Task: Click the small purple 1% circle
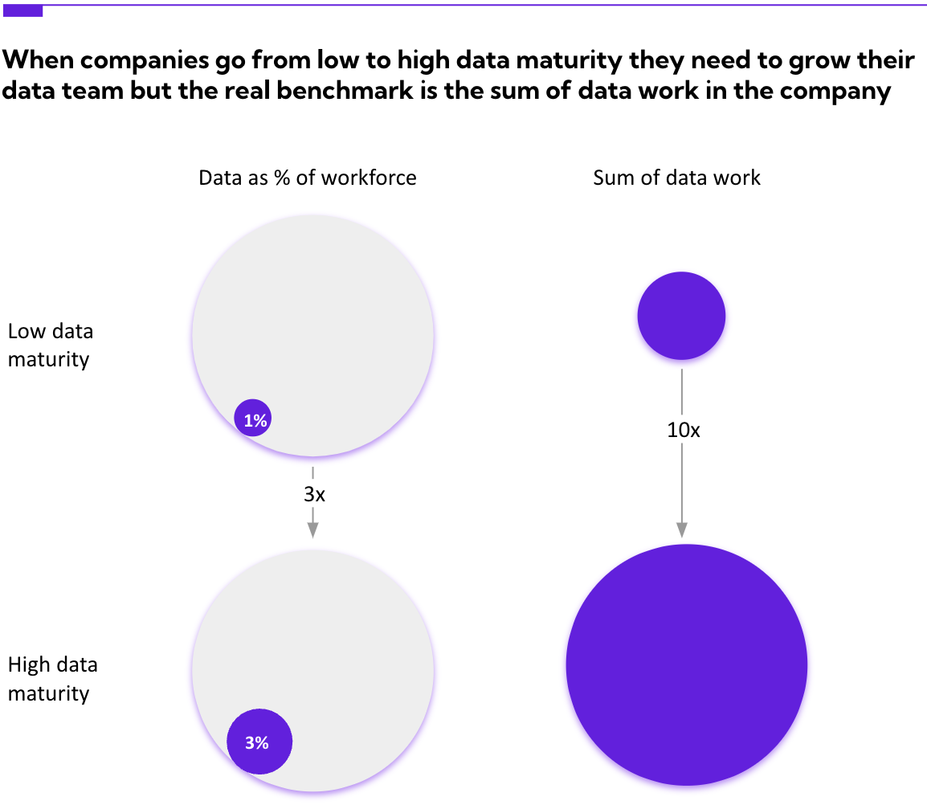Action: tap(252, 419)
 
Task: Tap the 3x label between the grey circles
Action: tap(314, 494)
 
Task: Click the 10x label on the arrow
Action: tap(683, 430)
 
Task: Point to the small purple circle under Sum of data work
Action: tap(681, 316)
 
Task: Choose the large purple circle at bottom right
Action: tap(686, 664)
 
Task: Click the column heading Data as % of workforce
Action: tap(308, 178)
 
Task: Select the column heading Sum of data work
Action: tap(676, 178)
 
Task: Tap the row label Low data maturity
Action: tap(50, 345)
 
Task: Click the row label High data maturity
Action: tap(52, 679)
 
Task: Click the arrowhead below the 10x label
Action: tap(682, 529)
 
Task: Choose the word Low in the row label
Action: tap(27, 331)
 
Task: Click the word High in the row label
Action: tap(30, 665)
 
